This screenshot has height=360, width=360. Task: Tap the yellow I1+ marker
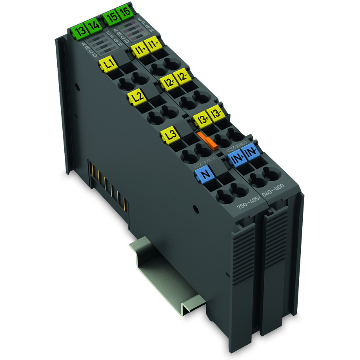click(x=138, y=50)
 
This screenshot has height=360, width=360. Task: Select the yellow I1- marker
click(x=152, y=44)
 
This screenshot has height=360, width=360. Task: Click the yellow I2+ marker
click(x=169, y=82)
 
